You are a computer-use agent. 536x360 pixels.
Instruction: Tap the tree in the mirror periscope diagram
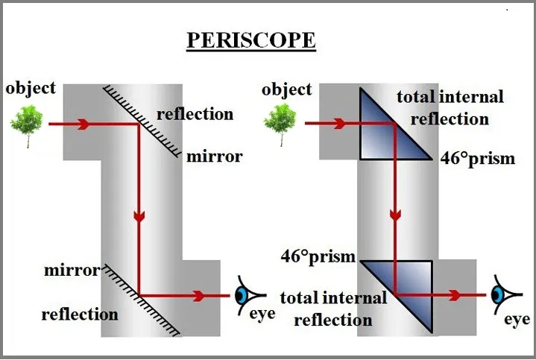point(28,123)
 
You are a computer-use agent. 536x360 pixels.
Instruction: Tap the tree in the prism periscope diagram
point(280,122)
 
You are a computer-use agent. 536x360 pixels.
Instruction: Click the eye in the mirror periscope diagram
point(242,295)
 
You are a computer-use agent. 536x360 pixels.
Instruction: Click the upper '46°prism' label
point(476,159)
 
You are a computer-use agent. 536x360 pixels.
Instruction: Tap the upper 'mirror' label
point(214,157)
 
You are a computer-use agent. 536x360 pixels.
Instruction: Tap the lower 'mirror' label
point(72,270)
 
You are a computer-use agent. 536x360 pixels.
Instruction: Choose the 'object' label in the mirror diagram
point(31,88)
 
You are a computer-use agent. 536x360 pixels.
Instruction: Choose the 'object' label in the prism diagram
point(287,90)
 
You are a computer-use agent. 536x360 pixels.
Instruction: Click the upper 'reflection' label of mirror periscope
point(195,114)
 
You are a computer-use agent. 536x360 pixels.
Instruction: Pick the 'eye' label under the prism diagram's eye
point(516,320)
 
